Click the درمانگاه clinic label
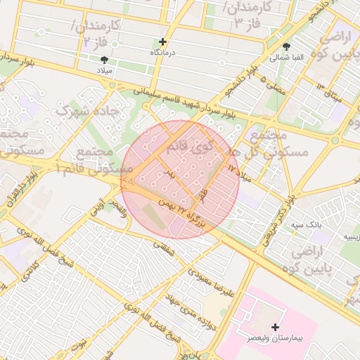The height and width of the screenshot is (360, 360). [x=163, y=53]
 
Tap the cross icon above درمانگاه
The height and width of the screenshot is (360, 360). [x=163, y=42]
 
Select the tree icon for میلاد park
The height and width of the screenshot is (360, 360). [x=105, y=60]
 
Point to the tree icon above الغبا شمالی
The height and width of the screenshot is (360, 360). [x=285, y=46]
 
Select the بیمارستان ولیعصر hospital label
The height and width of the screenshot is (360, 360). [x=274, y=338]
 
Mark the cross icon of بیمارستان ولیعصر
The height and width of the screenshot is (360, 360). [x=275, y=327]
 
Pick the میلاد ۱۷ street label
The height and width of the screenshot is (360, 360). [x=239, y=173]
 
